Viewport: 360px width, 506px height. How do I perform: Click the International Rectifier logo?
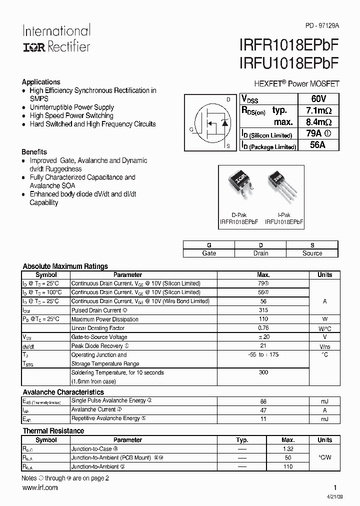(56, 38)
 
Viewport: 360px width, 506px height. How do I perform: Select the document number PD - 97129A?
(322, 25)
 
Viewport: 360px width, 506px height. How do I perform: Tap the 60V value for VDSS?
(318, 98)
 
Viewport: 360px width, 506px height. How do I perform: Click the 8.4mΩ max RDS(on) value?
(318, 122)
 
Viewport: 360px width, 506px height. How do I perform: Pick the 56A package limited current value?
(318, 145)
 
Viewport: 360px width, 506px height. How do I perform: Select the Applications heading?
(41, 82)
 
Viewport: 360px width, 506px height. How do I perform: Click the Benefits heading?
(34, 152)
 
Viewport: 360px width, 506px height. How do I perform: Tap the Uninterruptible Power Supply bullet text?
(71, 107)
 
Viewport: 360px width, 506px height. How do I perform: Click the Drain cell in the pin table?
(260, 253)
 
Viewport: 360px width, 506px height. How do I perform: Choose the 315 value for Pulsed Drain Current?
(263, 310)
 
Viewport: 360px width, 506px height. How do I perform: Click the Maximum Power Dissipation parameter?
(104, 319)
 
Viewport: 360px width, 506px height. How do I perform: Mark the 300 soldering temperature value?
(263, 372)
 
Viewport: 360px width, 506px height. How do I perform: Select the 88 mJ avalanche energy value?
(263, 401)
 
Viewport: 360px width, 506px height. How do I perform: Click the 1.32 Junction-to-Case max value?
(288, 449)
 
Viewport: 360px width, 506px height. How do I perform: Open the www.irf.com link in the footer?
(39, 487)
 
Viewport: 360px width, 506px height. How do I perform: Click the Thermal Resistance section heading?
(53, 431)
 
